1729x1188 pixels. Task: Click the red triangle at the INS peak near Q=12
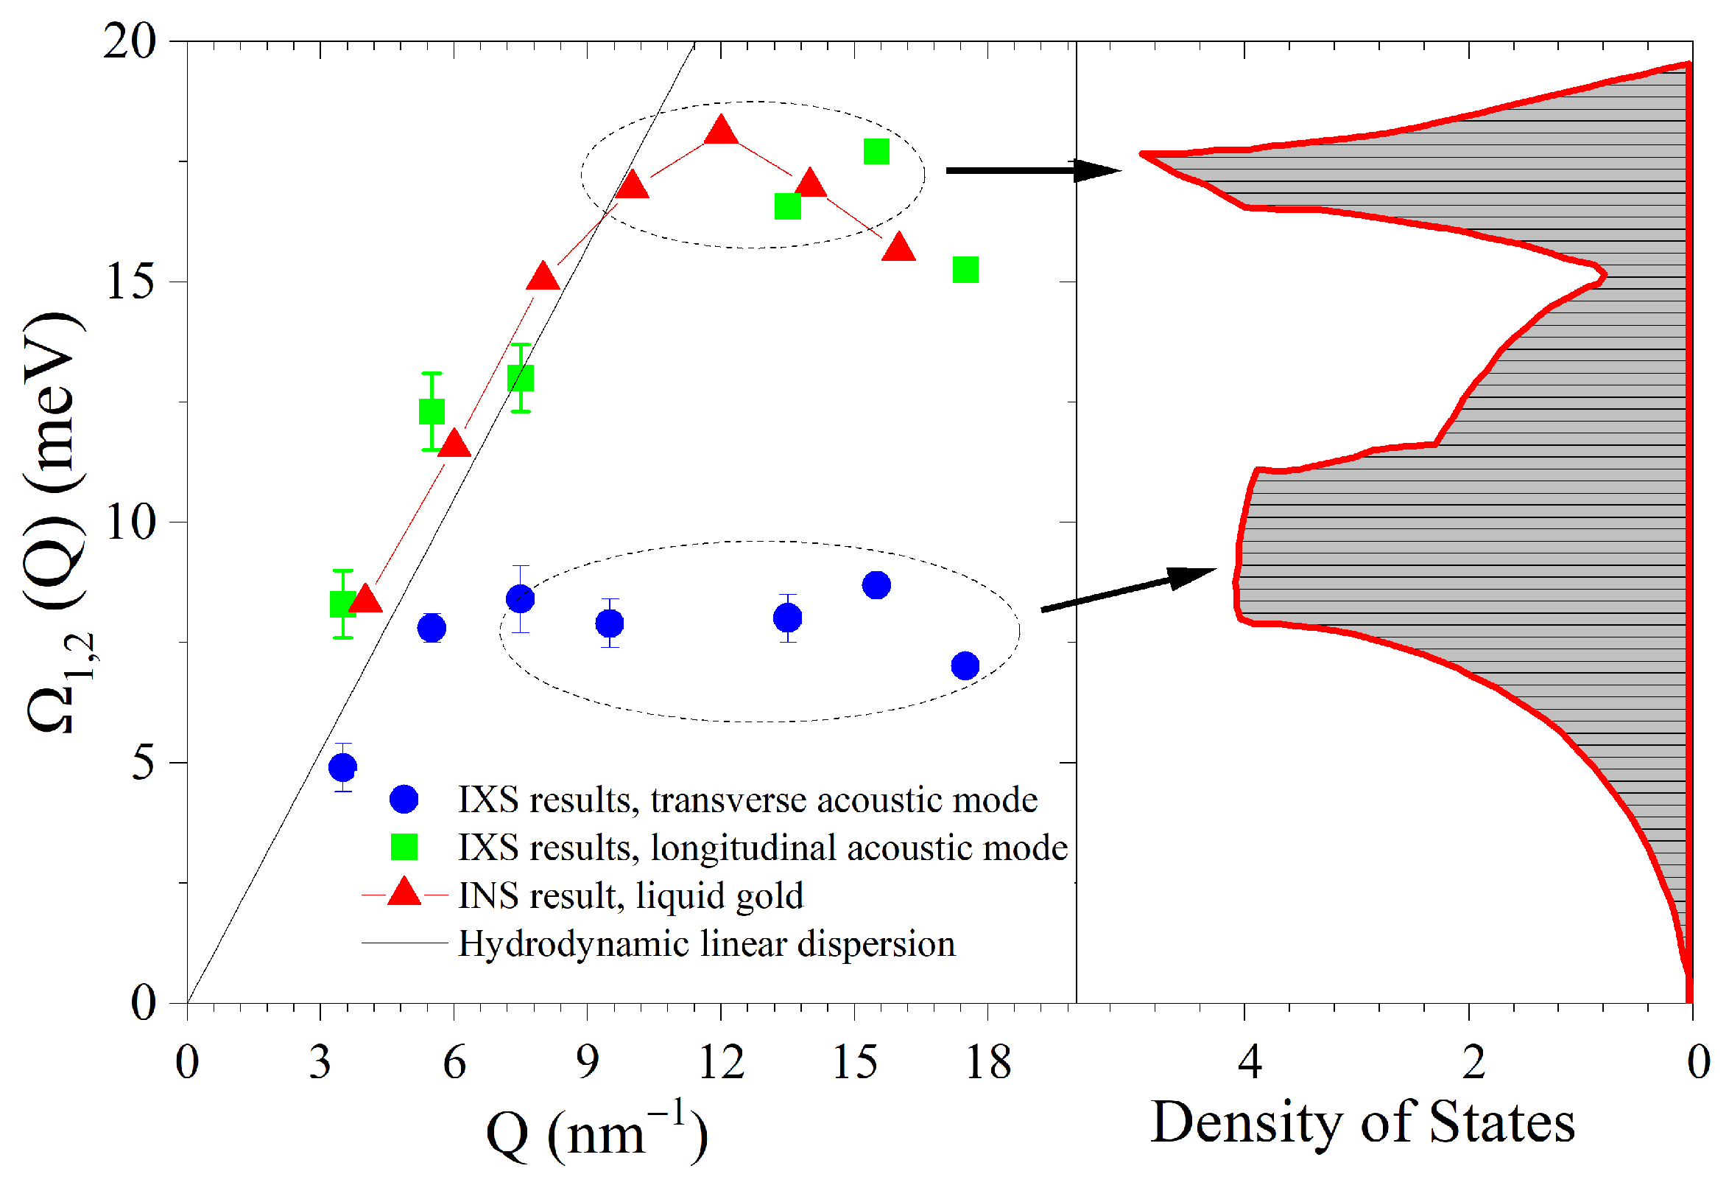coord(720,132)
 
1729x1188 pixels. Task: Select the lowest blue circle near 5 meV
coord(343,766)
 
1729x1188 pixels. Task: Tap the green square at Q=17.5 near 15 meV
coord(965,270)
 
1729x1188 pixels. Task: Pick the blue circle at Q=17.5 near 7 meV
coord(965,665)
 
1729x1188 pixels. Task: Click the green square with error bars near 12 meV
coord(432,412)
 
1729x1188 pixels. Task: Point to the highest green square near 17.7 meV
coord(876,152)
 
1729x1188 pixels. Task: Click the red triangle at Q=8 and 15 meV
coord(543,278)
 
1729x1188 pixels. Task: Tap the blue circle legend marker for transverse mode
coord(404,800)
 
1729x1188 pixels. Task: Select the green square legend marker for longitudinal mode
coord(404,847)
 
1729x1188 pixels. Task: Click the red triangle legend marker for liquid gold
coord(405,893)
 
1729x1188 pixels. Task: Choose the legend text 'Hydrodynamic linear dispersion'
coord(707,944)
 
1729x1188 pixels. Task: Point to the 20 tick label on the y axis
coord(131,41)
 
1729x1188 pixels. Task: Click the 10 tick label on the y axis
coord(131,522)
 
